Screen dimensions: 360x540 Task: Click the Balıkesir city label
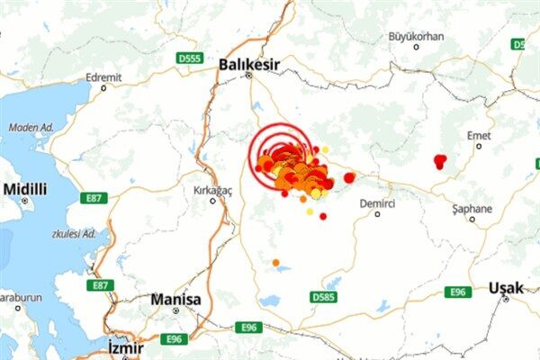point(249,64)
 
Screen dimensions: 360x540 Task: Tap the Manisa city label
point(176,299)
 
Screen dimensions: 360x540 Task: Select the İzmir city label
point(125,346)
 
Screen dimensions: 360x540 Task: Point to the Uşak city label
point(505,288)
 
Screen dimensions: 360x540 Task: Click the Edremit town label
point(103,77)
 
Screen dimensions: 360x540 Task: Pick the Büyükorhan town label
point(416,36)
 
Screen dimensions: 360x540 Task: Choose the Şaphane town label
point(472,209)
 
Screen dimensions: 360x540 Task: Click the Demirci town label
point(377,203)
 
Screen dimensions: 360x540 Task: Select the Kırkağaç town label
point(213,190)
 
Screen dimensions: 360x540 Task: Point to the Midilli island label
point(26,189)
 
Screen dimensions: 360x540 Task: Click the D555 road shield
point(189,58)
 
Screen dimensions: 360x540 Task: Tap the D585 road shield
point(321,296)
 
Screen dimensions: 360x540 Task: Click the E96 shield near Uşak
point(458,292)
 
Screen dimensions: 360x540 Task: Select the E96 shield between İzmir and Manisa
point(175,338)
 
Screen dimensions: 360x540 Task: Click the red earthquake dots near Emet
point(439,162)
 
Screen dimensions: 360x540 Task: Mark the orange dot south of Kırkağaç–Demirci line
point(276,264)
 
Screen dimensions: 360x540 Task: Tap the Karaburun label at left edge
point(18,296)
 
